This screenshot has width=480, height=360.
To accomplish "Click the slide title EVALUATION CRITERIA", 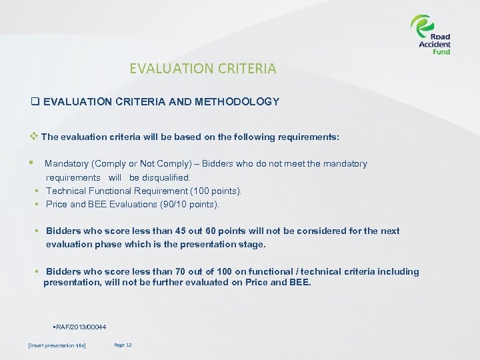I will pos(203,68).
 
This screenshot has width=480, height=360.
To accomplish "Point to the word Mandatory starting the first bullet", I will pos(68,163).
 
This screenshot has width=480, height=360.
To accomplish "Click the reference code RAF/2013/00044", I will pos(80,326).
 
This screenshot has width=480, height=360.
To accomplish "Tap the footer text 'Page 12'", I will pos(123,345).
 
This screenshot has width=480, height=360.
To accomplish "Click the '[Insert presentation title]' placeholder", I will pos(57,345).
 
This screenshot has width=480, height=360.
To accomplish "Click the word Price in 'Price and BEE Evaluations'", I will pos(57,204).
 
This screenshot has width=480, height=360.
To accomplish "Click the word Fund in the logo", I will pos(441,51).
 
